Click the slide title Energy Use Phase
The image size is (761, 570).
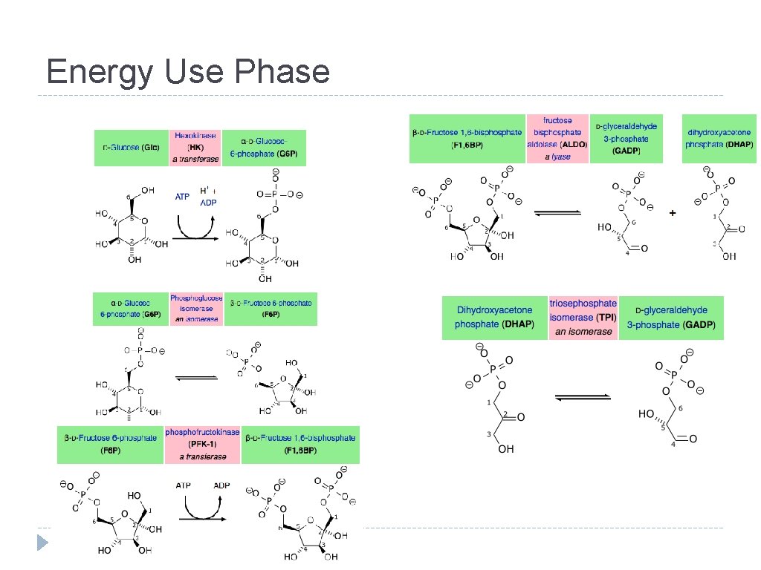pos(188,72)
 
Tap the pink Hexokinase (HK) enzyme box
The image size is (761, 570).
pos(195,147)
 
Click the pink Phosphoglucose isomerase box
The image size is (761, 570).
pos(195,309)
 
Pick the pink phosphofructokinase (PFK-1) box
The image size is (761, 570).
pos(203,444)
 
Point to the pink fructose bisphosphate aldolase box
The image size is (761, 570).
pos(557,138)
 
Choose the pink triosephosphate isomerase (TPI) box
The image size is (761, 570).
pos(583,318)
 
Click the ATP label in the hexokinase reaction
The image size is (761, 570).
pos(182,197)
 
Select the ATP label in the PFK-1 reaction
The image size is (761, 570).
pos(184,485)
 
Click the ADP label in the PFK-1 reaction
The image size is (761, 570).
pos(221,485)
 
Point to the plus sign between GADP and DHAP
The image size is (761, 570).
pos(673,213)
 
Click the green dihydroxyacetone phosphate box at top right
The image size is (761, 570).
pos(719,138)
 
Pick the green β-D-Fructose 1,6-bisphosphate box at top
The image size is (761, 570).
pos(467,138)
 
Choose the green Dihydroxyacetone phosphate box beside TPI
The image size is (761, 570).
pos(495,318)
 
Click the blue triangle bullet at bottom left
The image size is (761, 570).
pos(44,543)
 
